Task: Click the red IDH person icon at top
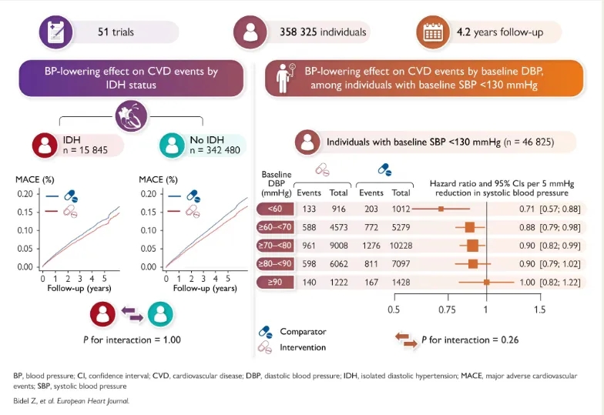pos(45,146)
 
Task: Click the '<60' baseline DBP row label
pos(275,208)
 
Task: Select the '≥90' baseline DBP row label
pos(275,283)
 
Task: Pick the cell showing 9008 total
pos(338,246)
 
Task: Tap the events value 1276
pos(371,246)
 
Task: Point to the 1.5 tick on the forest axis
pos(539,310)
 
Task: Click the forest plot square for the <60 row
pos(441,208)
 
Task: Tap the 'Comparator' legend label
pos(302,332)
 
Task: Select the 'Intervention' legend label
pos(303,346)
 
